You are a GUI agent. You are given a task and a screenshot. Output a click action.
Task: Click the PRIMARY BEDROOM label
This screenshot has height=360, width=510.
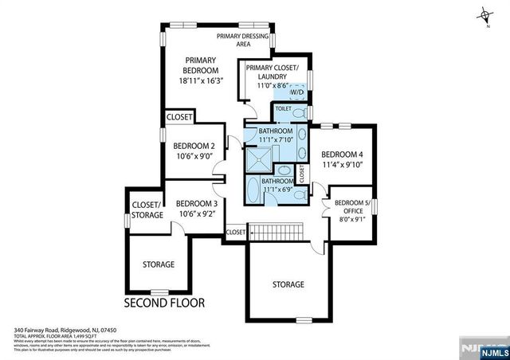tap(202, 65)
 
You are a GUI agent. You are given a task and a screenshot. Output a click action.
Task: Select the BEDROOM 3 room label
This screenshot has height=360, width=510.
tap(196, 203)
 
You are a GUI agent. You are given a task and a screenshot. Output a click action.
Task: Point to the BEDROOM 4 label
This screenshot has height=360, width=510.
tap(342, 155)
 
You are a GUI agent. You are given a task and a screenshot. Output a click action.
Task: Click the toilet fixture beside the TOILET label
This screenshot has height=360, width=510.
tap(298, 111)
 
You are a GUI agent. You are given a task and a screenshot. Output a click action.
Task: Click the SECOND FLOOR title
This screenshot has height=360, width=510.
tap(164, 303)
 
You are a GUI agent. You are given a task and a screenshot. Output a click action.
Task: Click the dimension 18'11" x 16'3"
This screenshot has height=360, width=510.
tap(202, 80)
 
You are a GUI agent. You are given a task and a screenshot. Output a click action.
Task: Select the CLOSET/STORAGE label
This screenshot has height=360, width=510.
tap(145, 209)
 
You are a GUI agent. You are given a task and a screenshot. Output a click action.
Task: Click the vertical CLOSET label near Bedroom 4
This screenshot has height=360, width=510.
tap(302, 171)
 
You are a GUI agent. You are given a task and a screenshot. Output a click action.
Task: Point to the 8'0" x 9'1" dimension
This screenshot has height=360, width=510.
tap(351, 221)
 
